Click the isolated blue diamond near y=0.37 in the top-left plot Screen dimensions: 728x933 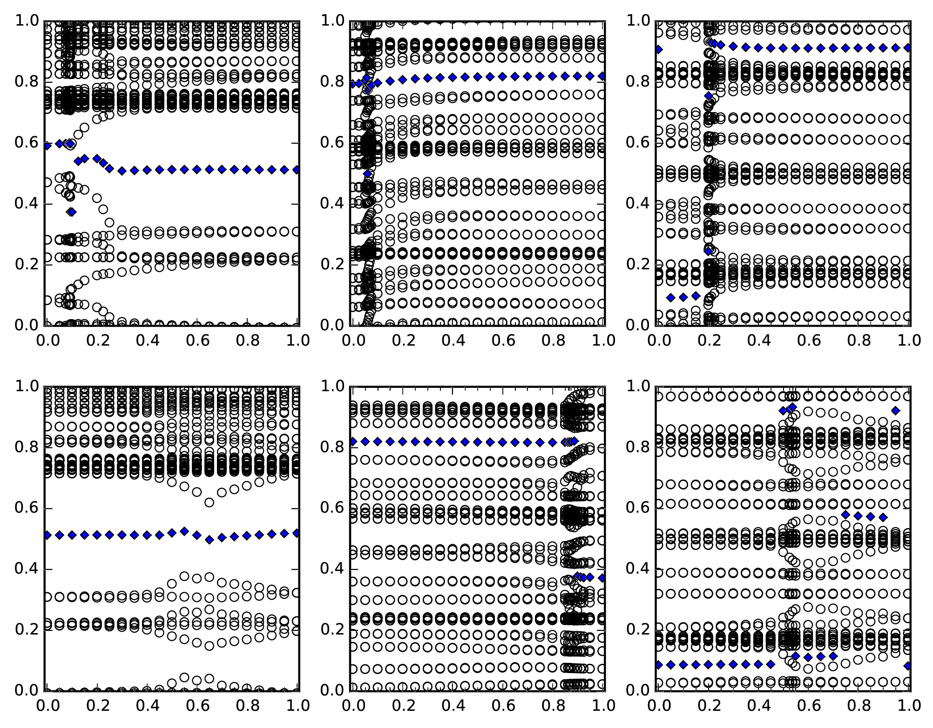pos(71,212)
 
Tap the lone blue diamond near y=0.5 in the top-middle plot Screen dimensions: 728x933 pos(368,174)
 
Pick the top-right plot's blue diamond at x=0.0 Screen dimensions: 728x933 pos(658,50)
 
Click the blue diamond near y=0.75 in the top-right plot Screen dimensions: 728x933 pos(709,96)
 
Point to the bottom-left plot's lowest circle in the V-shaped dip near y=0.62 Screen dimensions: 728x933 pos(210,502)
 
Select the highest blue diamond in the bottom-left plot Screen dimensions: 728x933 pos(184,531)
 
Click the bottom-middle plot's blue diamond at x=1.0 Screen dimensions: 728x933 pos(603,578)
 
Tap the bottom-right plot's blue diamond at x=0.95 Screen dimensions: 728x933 pos(895,410)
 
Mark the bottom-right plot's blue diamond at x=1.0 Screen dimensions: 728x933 pos(908,666)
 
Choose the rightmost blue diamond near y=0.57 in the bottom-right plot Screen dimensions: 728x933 pos(883,517)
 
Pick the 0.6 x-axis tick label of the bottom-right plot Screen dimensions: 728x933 pos(809,706)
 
